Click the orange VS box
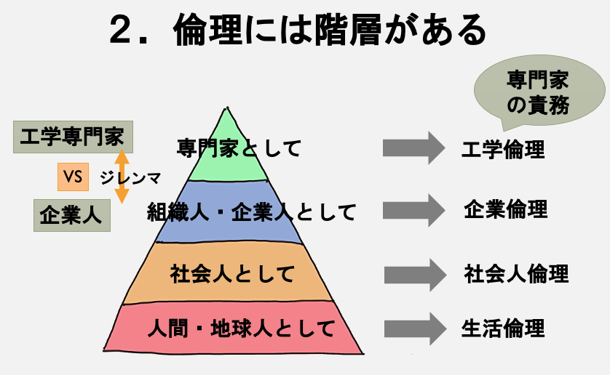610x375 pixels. coord(73,175)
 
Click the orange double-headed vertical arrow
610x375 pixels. coord(122,176)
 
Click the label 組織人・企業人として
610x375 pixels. coord(252,212)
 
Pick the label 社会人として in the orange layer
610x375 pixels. coord(232,275)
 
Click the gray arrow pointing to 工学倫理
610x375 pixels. coord(413,148)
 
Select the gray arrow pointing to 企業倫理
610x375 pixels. coord(413,210)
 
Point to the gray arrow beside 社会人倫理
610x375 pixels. coord(414,275)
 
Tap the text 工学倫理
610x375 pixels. coord(503,150)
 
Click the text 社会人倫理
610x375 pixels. coord(516,274)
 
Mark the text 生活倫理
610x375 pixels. coord(503,328)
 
